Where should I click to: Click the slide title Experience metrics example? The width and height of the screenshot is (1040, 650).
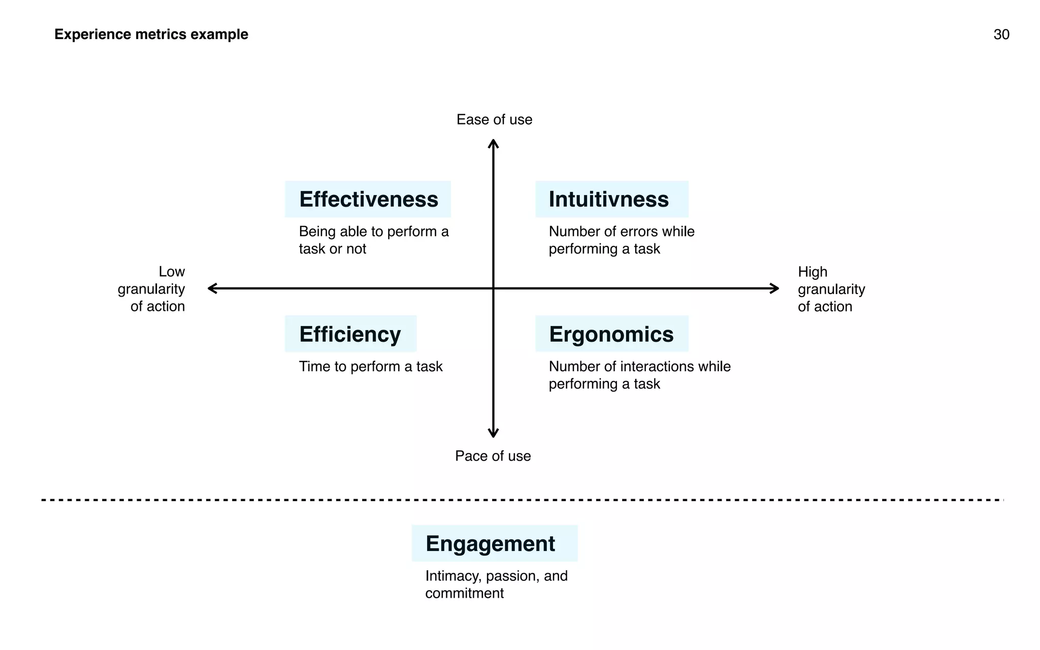tap(151, 35)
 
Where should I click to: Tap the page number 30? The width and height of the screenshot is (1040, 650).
tap(1001, 35)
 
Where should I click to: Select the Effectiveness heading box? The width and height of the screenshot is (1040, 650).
tap(368, 199)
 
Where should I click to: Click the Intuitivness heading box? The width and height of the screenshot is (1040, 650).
tap(611, 199)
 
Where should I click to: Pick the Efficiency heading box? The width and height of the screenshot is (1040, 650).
tap(350, 334)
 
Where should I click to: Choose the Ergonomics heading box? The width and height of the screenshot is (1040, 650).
tap(611, 334)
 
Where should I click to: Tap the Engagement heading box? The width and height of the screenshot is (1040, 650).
tap(494, 543)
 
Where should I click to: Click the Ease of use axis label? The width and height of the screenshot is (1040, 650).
tap(494, 120)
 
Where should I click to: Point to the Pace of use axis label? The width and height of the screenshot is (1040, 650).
tap(493, 456)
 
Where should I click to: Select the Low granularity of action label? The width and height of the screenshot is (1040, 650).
tap(152, 289)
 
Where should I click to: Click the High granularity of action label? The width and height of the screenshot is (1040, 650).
tap(831, 289)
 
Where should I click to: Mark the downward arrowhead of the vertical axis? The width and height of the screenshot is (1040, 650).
tap(493, 434)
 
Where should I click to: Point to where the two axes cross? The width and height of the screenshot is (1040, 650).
tap(493, 288)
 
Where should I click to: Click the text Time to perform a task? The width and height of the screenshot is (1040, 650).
tap(371, 367)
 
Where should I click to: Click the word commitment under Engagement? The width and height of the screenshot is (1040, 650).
tap(464, 593)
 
